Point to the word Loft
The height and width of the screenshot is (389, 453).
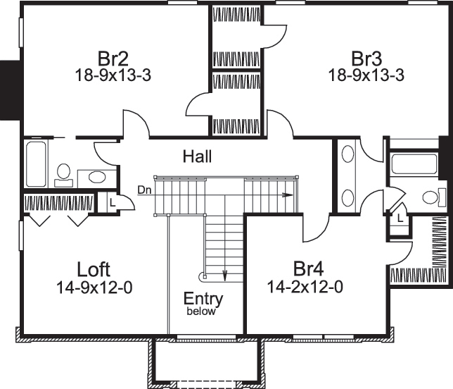click(95, 269)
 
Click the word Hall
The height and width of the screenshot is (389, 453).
click(197, 156)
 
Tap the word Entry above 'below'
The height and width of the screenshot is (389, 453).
click(203, 299)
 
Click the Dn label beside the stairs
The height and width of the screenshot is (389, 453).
click(144, 190)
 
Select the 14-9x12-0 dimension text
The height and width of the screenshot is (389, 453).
click(95, 287)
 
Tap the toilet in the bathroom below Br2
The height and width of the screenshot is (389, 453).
click(63, 173)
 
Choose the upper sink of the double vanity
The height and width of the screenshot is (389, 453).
click(347, 157)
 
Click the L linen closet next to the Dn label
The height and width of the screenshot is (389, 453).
click(112, 202)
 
